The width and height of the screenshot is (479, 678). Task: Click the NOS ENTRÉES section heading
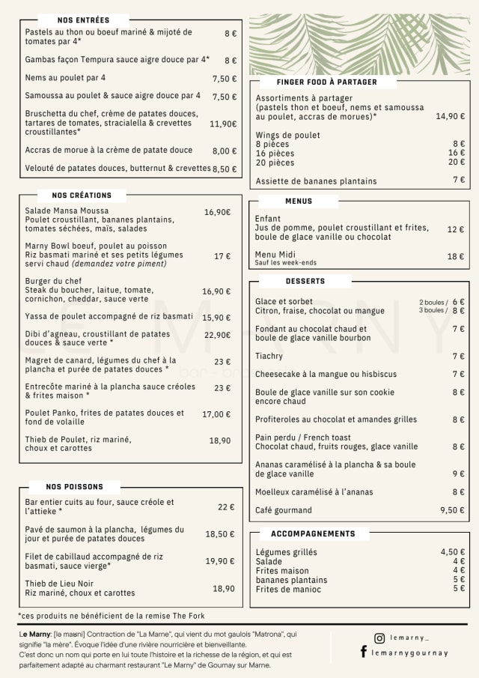pos(83,20)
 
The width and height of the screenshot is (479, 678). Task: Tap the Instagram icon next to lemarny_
pos(379,638)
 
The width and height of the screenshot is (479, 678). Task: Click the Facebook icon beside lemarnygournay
pos(364,653)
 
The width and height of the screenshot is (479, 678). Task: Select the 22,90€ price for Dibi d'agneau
pos(217,335)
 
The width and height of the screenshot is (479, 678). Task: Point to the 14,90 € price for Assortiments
pos(450,116)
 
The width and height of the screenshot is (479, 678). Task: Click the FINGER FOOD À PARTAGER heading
pos(326,82)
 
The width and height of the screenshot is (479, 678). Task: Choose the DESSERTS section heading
pos(305,281)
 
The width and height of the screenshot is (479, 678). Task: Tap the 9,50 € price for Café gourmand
pos(452,510)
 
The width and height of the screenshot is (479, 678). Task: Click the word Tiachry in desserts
pos(269,356)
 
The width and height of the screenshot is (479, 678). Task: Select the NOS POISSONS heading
pos(74,486)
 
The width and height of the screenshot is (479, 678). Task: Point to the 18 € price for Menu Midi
pos(455,256)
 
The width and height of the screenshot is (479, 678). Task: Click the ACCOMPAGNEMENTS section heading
pos(313,533)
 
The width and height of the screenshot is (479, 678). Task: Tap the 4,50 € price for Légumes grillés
pos(452,552)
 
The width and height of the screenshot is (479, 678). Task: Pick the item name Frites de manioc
pos(288,589)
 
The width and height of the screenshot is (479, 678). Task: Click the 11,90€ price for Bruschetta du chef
pos(223,124)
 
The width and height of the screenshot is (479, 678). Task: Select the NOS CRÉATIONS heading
pos(82,195)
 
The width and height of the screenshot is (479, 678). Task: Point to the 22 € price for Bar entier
pos(226,506)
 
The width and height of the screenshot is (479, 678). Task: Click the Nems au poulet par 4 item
pos(65,77)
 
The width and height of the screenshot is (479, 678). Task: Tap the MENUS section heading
pos(299,201)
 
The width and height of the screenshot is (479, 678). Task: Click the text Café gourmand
pos(284,510)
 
